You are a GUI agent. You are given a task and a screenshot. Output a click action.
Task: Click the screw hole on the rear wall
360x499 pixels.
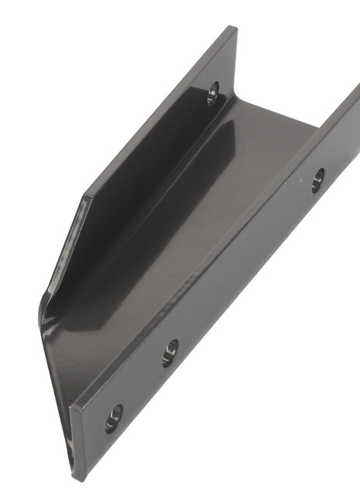click(x=214, y=94)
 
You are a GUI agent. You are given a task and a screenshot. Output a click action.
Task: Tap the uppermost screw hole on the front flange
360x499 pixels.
click(x=317, y=180)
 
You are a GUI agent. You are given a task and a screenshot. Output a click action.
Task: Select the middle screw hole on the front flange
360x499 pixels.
click(x=170, y=352)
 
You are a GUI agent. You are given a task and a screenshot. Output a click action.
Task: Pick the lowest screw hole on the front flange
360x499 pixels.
click(x=114, y=417)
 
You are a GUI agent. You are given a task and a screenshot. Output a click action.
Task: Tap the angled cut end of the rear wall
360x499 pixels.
click(x=65, y=248)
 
